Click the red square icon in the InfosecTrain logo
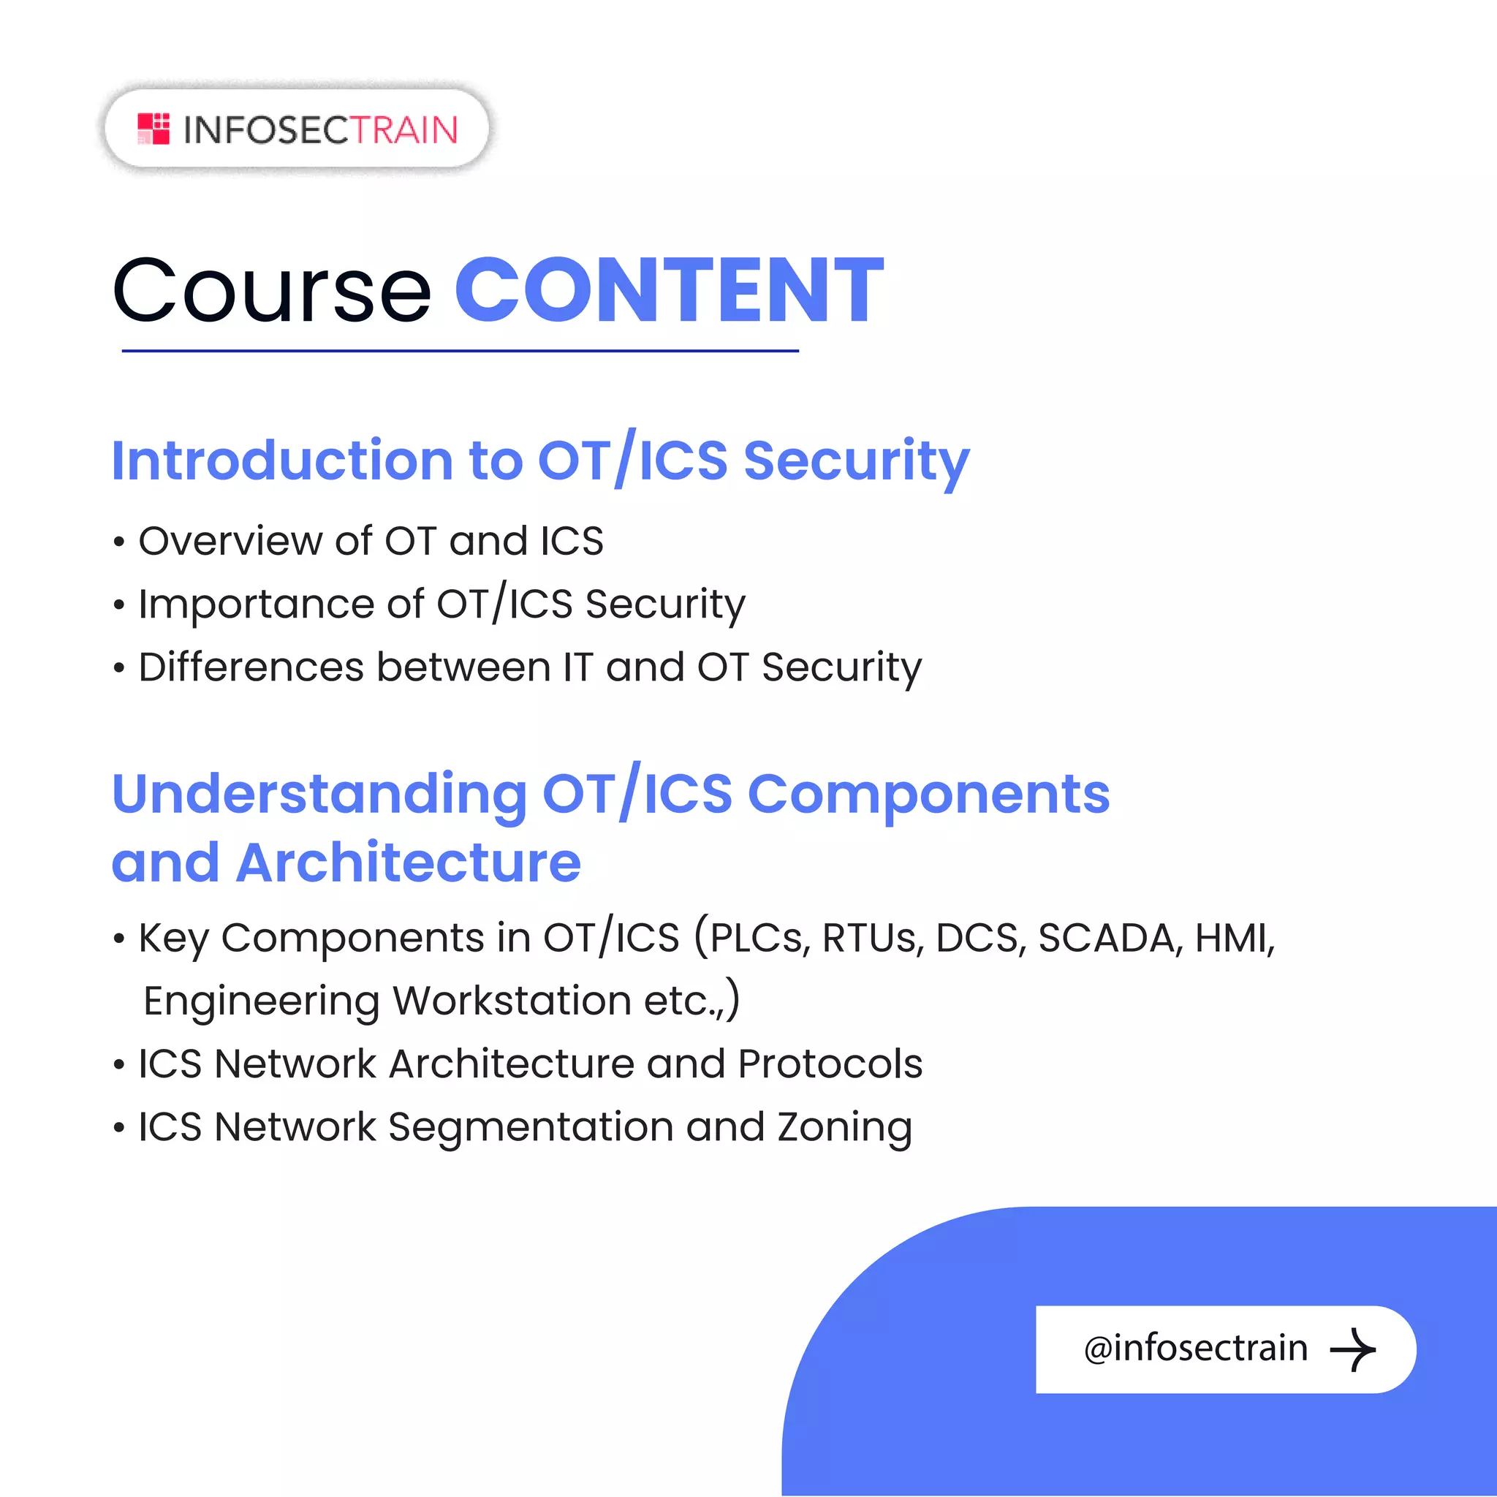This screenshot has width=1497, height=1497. [x=154, y=129]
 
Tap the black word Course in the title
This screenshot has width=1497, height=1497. [x=272, y=291]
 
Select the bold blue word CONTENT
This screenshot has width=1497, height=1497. [x=669, y=291]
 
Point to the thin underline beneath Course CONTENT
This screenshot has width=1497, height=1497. [x=460, y=351]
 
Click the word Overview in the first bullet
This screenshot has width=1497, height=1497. [x=230, y=541]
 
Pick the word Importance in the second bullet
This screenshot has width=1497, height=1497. [x=256, y=605]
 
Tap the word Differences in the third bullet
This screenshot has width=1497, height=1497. [x=250, y=667]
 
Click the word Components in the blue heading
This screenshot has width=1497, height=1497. [x=928, y=795]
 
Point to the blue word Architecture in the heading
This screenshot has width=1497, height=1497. [x=409, y=863]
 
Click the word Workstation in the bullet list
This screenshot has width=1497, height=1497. [x=512, y=1001]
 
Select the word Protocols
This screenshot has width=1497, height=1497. [x=830, y=1064]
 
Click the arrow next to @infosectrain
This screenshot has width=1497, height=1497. [x=1352, y=1350]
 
